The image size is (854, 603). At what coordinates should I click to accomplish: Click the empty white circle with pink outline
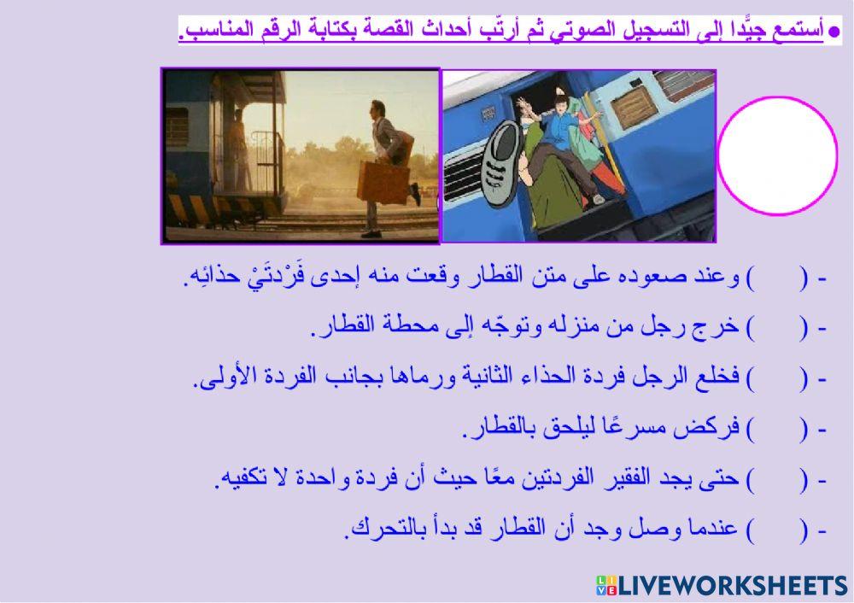(x=777, y=155)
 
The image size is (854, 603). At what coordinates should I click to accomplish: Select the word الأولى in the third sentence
(x=225, y=378)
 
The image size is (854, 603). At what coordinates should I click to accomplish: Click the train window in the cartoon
(x=637, y=110)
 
